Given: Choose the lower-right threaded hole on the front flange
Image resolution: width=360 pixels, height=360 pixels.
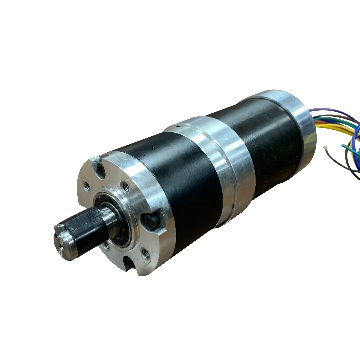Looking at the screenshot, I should click(145, 252).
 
